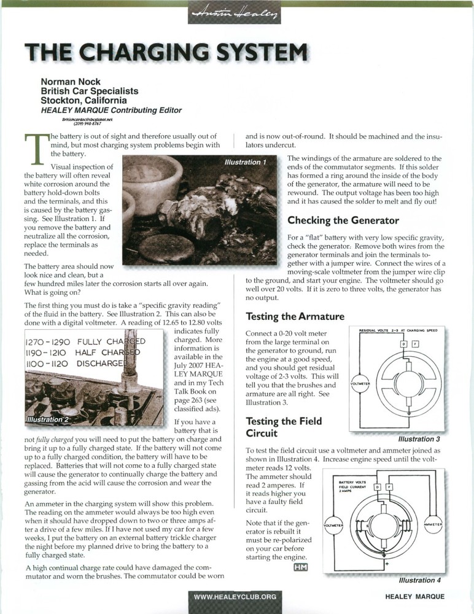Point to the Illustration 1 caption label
point(246,162)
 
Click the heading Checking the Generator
point(343,220)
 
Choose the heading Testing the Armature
point(295,317)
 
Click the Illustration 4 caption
point(419,580)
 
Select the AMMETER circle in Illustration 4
point(433,524)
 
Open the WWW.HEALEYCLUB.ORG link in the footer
point(235,596)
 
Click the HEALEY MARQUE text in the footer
point(414,596)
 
